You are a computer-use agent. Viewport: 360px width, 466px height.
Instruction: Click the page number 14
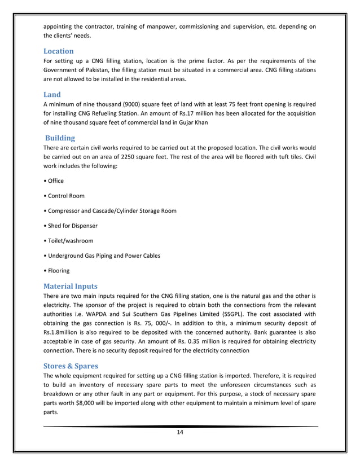[180, 433]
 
